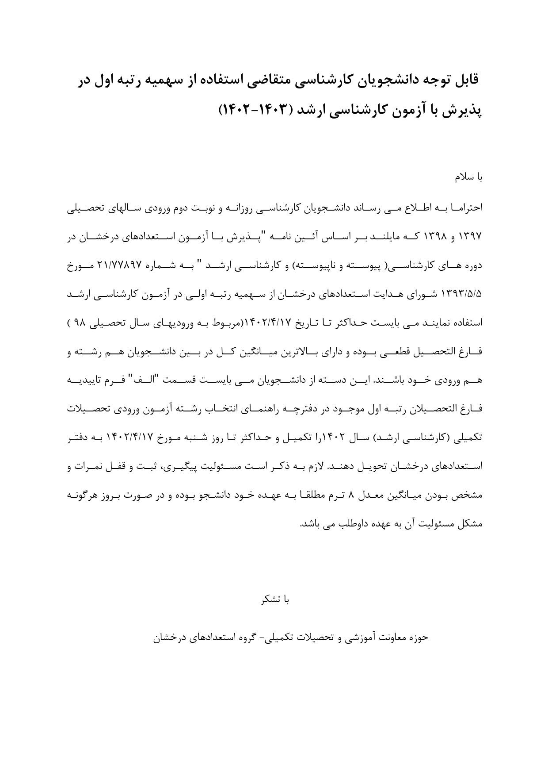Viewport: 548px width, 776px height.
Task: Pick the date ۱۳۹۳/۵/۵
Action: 465,293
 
